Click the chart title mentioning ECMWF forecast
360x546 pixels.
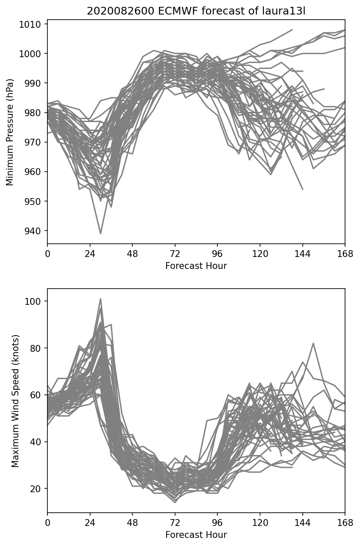click(x=196, y=11)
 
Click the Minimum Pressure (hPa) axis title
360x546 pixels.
click(x=10, y=132)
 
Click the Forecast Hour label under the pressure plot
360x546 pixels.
click(x=196, y=266)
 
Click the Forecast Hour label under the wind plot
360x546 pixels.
click(x=196, y=535)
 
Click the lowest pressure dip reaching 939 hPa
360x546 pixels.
click(x=101, y=234)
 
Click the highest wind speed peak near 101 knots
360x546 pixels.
click(x=101, y=299)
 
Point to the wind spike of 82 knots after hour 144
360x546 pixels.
click(x=313, y=343)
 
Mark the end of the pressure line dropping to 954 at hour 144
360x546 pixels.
click(x=303, y=189)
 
